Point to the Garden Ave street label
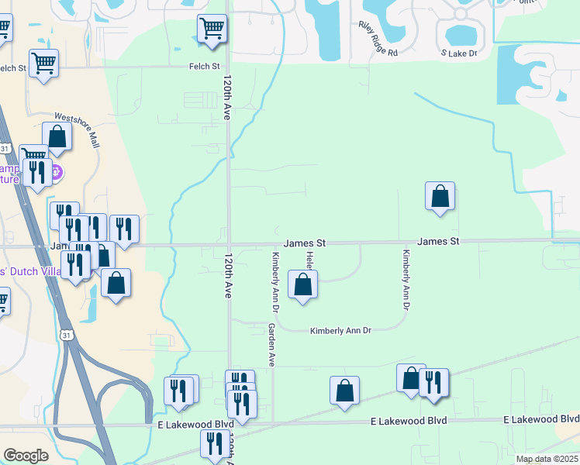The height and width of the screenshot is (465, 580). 272,345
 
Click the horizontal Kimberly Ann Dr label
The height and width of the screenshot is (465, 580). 341,331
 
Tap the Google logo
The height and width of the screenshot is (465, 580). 26,456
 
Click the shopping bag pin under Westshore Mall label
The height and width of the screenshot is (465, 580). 57,136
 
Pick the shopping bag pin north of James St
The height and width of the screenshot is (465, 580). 440,196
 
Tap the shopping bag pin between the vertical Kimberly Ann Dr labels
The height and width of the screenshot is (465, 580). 302,284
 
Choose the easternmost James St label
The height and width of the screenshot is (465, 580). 439,242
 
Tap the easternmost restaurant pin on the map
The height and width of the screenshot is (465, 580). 433,383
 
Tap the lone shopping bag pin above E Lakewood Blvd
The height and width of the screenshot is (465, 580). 344,391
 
